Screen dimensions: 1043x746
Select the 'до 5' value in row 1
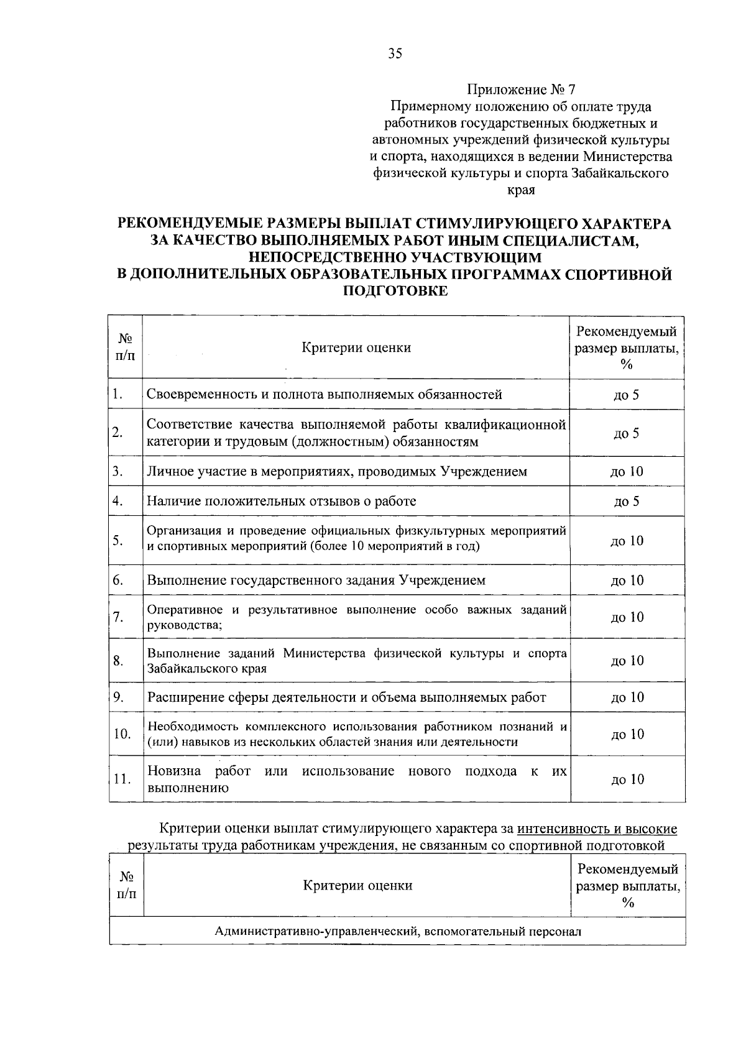(x=626, y=395)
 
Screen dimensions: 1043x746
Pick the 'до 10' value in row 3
(x=627, y=472)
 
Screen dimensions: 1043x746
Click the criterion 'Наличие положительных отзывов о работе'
(x=282, y=501)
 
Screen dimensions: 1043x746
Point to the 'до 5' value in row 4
(x=626, y=502)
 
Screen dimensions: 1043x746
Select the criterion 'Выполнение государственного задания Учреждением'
(x=316, y=581)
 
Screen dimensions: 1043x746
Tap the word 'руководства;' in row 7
(x=185, y=625)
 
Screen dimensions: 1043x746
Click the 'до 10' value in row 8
(x=627, y=661)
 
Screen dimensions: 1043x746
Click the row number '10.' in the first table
(x=122, y=734)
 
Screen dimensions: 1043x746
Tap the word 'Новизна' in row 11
(x=174, y=771)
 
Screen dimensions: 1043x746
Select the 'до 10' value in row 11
(x=627, y=779)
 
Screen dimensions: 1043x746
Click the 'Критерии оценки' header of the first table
(x=356, y=347)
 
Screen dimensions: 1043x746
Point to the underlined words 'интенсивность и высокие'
(x=597, y=829)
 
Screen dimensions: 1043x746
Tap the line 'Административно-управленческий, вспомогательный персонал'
(x=398, y=931)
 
